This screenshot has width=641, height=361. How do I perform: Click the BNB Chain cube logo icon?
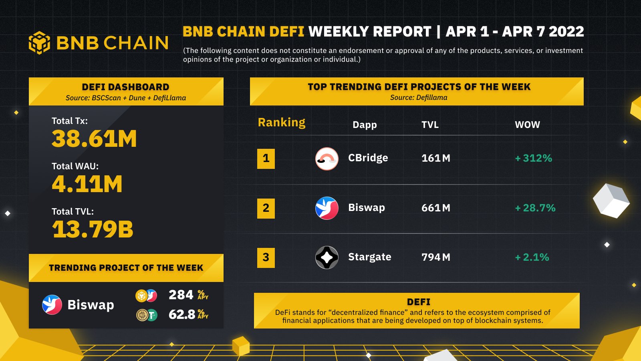coord(39,43)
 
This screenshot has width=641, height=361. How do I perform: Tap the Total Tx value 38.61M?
coord(94,139)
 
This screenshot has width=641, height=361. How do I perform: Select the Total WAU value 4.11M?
coord(87,184)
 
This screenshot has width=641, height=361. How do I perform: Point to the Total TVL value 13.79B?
coord(93,229)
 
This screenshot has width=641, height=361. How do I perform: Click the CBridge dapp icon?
coord(327,158)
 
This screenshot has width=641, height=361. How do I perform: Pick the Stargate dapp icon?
coord(327,257)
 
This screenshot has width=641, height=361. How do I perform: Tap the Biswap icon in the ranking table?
coord(327,208)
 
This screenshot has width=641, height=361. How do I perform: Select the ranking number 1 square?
coord(266,158)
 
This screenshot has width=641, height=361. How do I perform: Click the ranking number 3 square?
coord(266,258)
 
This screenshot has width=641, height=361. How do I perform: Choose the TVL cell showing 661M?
coord(436,208)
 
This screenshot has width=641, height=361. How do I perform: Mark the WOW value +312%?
coord(533,158)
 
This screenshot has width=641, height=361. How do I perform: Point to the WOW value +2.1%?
coord(532,258)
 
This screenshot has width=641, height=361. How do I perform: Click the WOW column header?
coord(527,125)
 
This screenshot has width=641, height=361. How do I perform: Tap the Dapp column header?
coord(365,125)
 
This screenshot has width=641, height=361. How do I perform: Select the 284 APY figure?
coord(181,295)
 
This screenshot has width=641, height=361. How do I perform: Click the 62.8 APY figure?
coord(182,314)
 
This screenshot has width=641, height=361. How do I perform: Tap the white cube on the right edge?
coord(611,201)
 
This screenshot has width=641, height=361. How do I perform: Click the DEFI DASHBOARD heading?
coord(125,87)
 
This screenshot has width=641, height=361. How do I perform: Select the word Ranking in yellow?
coord(281,122)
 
